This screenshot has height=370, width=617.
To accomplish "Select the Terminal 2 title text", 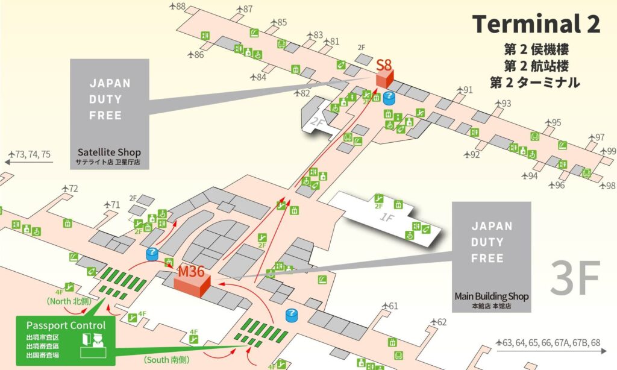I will (536, 24).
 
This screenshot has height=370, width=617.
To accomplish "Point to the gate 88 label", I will (179, 7).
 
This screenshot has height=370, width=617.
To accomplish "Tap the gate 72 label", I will (73, 189).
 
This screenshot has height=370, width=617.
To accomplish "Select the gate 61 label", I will (393, 306).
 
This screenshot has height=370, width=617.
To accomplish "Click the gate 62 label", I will (442, 322).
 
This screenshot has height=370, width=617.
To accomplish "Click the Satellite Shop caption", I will (109, 152).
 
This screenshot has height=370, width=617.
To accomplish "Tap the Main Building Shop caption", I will (492, 296).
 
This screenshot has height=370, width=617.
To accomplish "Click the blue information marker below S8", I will (389, 97).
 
